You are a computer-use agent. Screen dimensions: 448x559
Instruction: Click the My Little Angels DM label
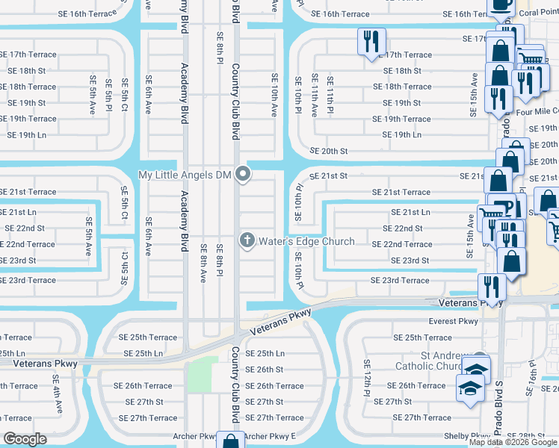(187, 175)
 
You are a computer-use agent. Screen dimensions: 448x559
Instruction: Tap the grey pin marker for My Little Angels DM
(242, 175)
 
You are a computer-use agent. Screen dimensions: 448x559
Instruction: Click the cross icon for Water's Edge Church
(247, 240)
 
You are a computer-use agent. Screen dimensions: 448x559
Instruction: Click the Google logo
(25, 439)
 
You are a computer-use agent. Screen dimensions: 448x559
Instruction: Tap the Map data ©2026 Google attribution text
(513, 442)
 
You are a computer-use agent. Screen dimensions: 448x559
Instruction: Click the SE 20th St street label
(324, 151)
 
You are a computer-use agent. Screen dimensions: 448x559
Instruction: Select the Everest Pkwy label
(453, 322)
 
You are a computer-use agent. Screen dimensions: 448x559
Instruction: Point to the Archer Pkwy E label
(270, 436)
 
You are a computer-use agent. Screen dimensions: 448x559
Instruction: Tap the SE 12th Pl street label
(368, 378)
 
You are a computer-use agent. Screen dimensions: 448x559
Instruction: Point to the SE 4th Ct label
(125, 258)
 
